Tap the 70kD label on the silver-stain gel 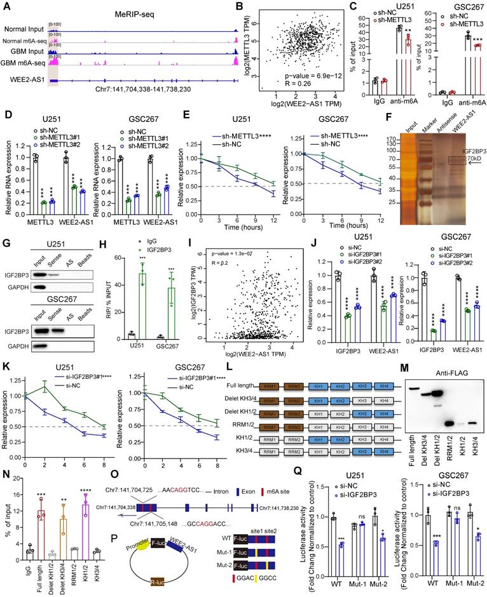coord(471,168)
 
